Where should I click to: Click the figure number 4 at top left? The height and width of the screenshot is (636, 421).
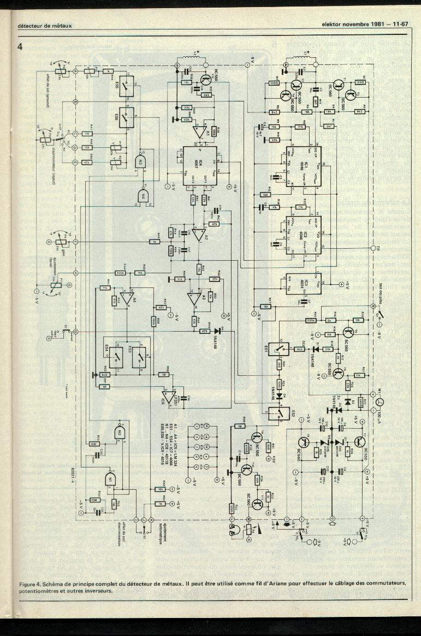point(19,46)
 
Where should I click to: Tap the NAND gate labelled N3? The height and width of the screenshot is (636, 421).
point(141,161)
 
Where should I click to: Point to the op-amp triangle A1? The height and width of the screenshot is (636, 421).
point(199,131)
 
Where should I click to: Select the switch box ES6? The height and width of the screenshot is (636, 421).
point(127,119)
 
